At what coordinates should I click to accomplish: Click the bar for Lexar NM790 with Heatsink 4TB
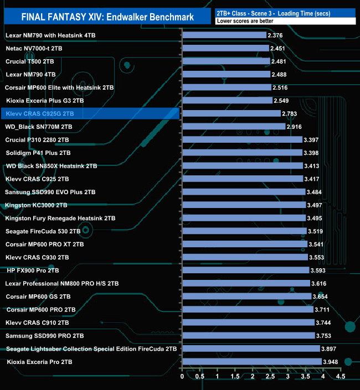click(224, 35)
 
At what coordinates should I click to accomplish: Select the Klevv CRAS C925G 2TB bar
click(231, 113)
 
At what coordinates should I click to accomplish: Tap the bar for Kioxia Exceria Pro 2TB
click(251, 362)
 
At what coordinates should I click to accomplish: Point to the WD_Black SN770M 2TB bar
click(234, 127)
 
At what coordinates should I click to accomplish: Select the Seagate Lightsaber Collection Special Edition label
click(91, 349)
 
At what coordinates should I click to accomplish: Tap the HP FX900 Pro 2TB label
click(33, 271)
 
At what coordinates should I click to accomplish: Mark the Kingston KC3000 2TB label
click(36, 205)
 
